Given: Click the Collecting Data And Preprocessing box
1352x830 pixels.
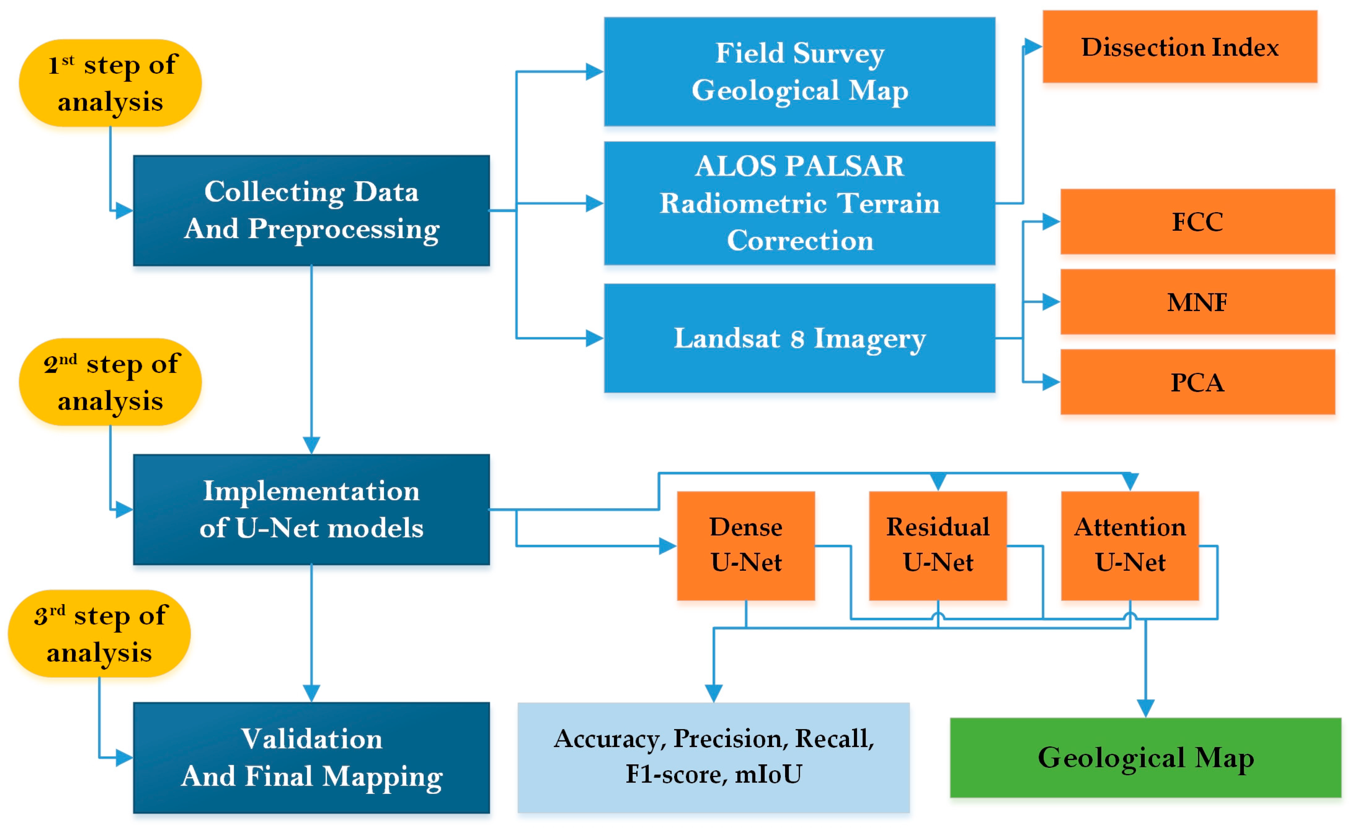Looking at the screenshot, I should click(311, 210).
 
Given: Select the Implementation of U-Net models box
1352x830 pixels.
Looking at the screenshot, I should click(311, 509).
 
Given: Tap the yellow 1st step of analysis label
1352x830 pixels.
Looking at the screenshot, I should click(110, 83).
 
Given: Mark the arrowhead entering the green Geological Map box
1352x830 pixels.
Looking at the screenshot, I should click(1145, 708).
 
